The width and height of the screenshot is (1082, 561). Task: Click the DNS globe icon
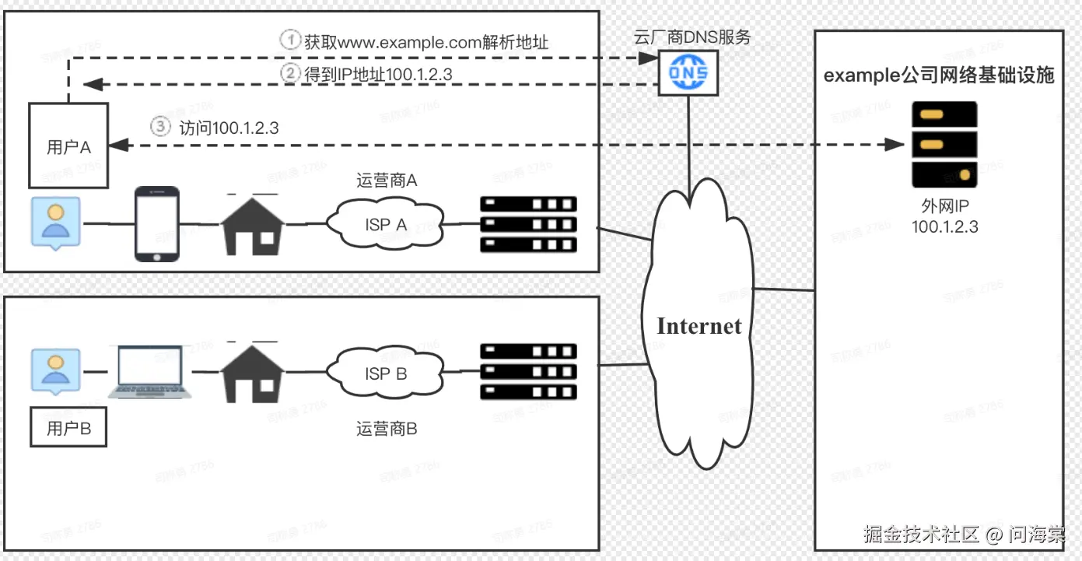point(687,73)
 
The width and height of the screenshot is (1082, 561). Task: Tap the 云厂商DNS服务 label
point(692,37)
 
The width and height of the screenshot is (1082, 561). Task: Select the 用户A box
point(68,146)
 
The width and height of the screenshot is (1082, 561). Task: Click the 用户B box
point(68,428)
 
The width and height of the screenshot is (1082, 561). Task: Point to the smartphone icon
point(156,224)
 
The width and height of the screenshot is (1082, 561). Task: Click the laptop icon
point(150,373)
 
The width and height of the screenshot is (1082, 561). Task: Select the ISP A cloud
point(387,224)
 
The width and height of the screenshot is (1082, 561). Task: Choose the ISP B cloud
point(387,373)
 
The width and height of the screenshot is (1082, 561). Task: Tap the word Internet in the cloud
point(699,326)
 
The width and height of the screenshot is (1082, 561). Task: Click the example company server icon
point(944,145)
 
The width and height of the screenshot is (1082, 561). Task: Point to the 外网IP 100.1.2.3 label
point(944,217)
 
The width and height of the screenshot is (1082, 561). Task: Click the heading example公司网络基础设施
point(939,75)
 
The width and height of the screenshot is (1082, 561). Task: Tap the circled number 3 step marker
point(159,127)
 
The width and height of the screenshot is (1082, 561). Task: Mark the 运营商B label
point(387,428)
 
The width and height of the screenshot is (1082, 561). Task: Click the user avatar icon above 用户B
point(54,371)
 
